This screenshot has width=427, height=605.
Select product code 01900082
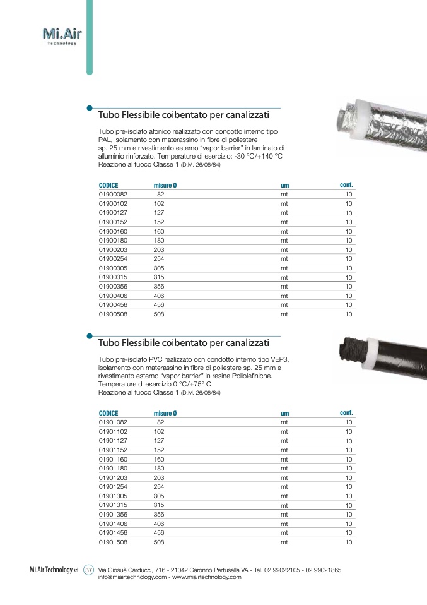click(x=113, y=195)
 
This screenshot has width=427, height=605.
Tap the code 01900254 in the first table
click(x=113, y=259)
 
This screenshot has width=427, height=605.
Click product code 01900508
click(x=113, y=314)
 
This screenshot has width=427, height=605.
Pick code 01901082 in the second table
click(x=113, y=422)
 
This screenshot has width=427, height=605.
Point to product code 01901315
click(x=113, y=505)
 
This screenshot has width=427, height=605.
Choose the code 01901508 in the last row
click(x=113, y=541)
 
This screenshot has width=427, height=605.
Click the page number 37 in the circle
click(x=88, y=570)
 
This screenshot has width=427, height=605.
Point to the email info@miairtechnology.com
click(x=132, y=577)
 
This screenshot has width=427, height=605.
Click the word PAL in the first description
click(x=105, y=139)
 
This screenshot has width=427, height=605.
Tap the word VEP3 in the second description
click(x=286, y=359)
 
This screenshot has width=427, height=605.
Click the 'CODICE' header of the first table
click(x=108, y=185)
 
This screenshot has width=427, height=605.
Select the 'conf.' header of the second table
click(x=346, y=412)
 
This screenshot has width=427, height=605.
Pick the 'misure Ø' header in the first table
click(x=165, y=185)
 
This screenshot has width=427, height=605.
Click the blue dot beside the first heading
click(x=90, y=108)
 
